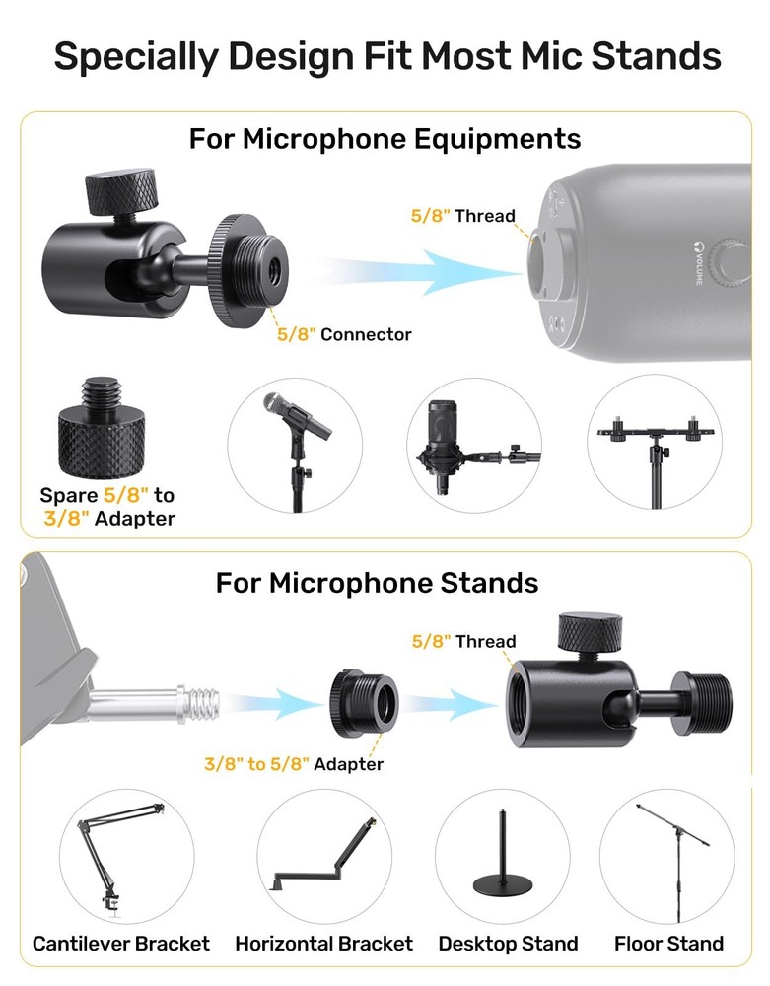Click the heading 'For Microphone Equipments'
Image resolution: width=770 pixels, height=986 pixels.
[385, 138]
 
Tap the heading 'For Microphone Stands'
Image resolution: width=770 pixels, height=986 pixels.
[377, 582]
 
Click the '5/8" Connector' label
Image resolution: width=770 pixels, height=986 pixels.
[344, 334]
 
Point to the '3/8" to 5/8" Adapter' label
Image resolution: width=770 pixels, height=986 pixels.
[294, 764]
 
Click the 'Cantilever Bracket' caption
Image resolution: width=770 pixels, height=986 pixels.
[121, 944]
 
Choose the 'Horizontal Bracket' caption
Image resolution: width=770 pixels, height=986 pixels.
[323, 944]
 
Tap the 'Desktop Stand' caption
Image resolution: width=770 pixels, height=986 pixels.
[508, 944]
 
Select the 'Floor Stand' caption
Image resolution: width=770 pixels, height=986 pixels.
[668, 944]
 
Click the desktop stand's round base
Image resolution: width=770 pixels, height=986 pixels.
[506, 885]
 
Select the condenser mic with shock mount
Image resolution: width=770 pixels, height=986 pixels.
[445, 444]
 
